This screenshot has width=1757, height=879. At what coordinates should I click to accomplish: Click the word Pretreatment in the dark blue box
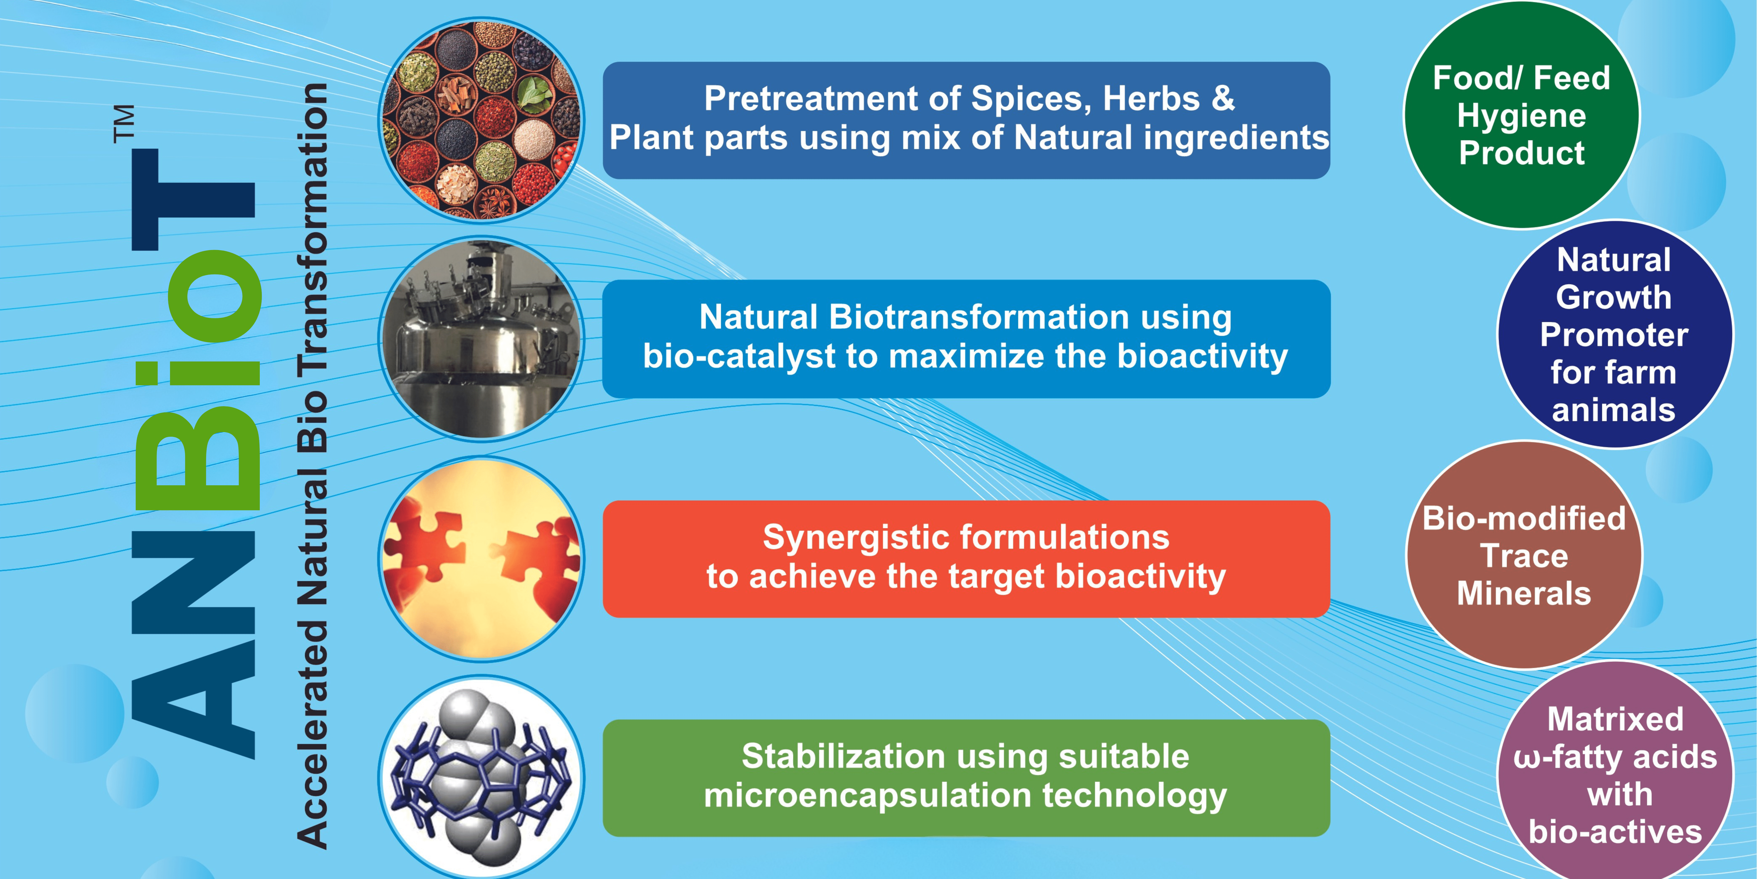[x=811, y=99]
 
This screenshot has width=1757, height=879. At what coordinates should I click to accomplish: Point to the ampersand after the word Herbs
[x=1223, y=98]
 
